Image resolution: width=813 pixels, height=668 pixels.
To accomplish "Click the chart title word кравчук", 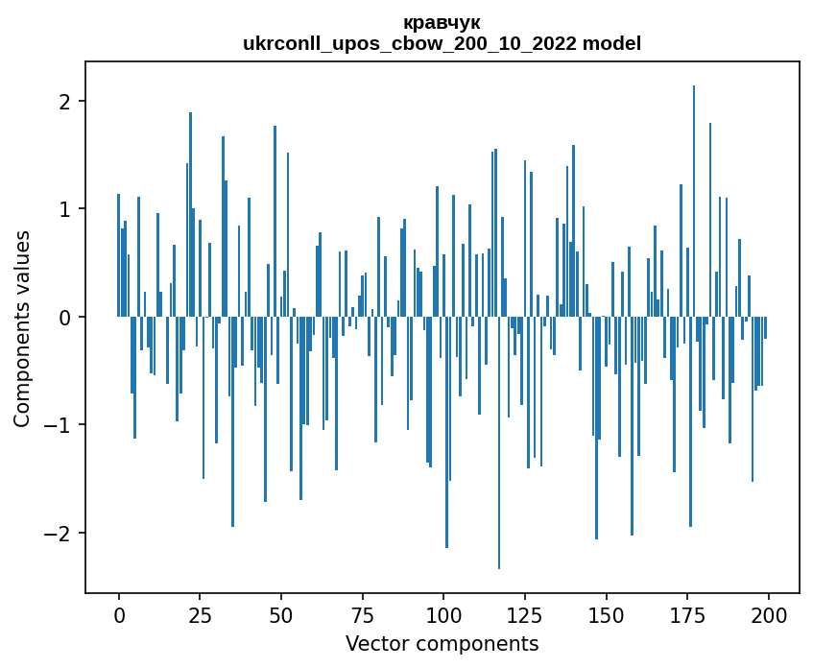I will [x=442, y=22].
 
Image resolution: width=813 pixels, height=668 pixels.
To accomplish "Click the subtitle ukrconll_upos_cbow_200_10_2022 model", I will [x=442, y=43].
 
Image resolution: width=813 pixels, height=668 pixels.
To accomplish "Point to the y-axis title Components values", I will [x=22, y=328].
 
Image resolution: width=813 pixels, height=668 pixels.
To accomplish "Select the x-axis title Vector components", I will [x=442, y=643].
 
